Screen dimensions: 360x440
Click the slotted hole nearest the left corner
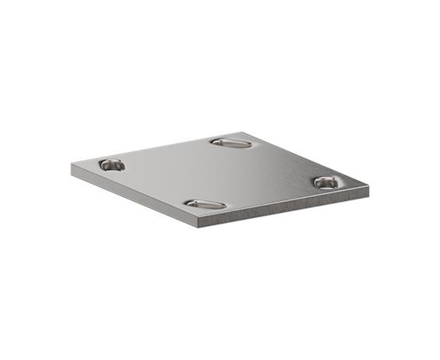pyautogui.click(x=111, y=164)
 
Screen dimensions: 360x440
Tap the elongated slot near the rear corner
pyautogui.click(x=231, y=143)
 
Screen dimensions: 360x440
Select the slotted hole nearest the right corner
pyautogui.click(x=326, y=182)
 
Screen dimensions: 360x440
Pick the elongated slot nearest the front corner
pyautogui.click(x=206, y=204)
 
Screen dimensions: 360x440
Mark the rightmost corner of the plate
pyautogui.click(x=368, y=185)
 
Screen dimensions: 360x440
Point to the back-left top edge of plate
pyautogui.click(x=156, y=148)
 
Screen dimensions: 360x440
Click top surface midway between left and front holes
pyautogui.click(x=158, y=185)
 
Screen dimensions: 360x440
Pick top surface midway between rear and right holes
pyautogui.click(x=279, y=163)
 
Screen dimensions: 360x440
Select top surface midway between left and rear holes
pyautogui.click(x=171, y=154)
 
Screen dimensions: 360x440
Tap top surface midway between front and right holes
pyautogui.click(x=266, y=193)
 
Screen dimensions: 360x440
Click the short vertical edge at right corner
pyautogui.click(x=367, y=190)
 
